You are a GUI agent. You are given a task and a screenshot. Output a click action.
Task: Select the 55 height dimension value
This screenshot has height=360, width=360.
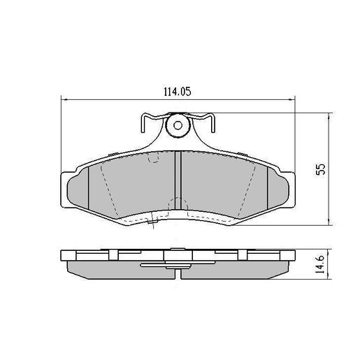coord(320,170)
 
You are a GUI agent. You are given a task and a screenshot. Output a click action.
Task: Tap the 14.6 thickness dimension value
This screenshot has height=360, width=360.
coord(320,266)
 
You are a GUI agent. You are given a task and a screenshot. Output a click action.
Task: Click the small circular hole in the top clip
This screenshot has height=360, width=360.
coord(178,127)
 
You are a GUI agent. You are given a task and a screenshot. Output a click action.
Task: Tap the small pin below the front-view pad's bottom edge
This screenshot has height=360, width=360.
coord(152,225)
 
